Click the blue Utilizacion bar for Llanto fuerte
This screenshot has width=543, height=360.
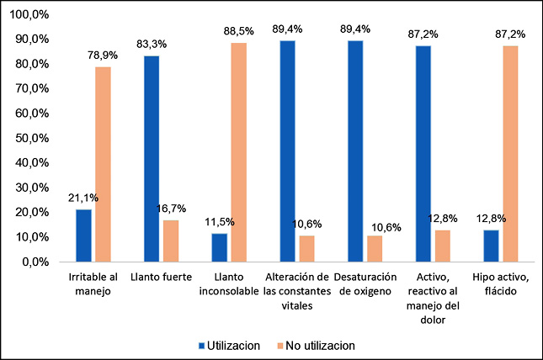pyautogui.click(x=152, y=159)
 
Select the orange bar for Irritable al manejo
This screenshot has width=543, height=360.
pyautogui.click(x=103, y=164)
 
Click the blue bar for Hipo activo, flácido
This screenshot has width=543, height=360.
pyautogui.click(x=492, y=246)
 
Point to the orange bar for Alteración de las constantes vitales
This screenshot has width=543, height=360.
pyautogui.click(x=307, y=248)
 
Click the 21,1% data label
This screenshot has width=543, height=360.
pyautogui.click(x=83, y=199)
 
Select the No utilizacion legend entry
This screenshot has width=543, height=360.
pyautogui.click(x=316, y=345)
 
